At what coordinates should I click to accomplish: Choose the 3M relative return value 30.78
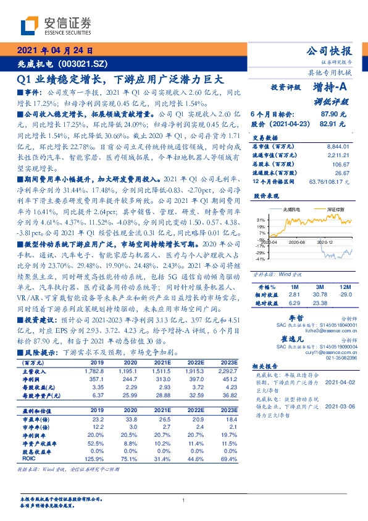(x=320, y=295)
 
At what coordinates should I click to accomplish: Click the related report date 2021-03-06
(x=340, y=405)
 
